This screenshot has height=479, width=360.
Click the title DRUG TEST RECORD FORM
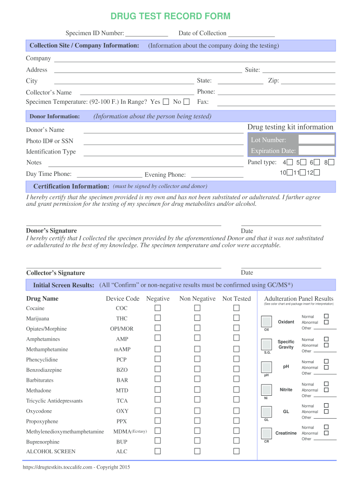[x=170, y=16]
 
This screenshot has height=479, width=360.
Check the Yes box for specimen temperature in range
[x=166, y=102]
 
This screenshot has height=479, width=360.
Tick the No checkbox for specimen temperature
[x=187, y=102]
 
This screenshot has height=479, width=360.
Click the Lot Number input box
[x=317, y=139]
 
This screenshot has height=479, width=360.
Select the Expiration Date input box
[x=317, y=151]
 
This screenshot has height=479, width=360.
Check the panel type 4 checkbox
[x=290, y=162]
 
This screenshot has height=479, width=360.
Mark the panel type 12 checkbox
[x=317, y=173]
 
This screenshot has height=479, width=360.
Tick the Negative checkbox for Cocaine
[x=158, y=308]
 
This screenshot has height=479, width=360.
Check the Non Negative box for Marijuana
[x=197, y=318]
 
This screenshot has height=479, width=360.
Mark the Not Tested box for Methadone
[x=237, y=390]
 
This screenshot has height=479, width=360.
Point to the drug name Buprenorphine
[x=43, y=442]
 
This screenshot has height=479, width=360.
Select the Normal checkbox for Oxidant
[x=326, y=317]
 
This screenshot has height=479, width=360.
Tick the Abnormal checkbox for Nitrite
[x=326, y=390]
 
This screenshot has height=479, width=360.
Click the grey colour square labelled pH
[x=266, y=367]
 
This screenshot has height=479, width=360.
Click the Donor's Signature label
[x=51, y=231]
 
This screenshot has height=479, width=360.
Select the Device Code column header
[x=122, y=298]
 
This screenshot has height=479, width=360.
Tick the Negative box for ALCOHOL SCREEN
[x=158, y=451]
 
